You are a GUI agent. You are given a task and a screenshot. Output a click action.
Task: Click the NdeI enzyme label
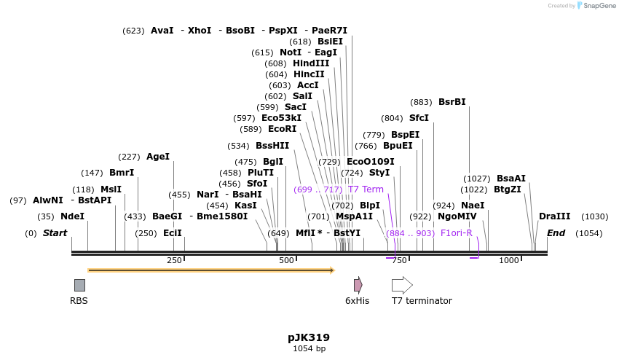(x=72, y=216)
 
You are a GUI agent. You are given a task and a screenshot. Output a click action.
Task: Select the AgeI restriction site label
(x=157, y=157)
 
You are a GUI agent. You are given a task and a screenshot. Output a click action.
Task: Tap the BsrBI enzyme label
(x=452, y=102)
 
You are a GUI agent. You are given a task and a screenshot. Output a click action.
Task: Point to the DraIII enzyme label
(x=554, y=216)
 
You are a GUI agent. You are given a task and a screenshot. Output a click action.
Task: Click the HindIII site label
(x=311, y=63)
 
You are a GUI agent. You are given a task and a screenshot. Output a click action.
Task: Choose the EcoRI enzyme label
(x=282, y=129)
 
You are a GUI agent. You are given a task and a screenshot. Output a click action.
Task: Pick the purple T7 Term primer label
(x=366, y=189)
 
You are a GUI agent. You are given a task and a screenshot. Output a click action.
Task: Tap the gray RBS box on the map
(x=79, y=285)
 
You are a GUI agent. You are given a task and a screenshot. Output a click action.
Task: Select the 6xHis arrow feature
(x=358, y=285)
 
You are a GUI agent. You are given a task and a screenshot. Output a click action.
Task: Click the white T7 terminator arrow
(x=402, y=285)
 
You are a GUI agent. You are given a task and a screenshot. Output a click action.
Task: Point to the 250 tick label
(x=174, y=261)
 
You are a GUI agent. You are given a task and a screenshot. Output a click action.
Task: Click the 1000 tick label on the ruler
(x=509, y=261)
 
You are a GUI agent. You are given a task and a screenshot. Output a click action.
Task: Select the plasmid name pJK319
(x=309, y=337)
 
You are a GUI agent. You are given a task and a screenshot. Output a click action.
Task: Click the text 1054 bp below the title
(x=309, y=348)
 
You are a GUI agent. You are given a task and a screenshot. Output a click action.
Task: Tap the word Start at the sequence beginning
(x=55, y=233)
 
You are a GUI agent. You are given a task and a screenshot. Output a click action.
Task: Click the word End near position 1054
(x=556, y=233)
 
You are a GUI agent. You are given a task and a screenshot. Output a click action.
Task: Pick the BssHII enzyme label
(x=272, y=146)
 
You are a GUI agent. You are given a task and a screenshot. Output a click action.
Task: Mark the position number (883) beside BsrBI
(x=421, y=102)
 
